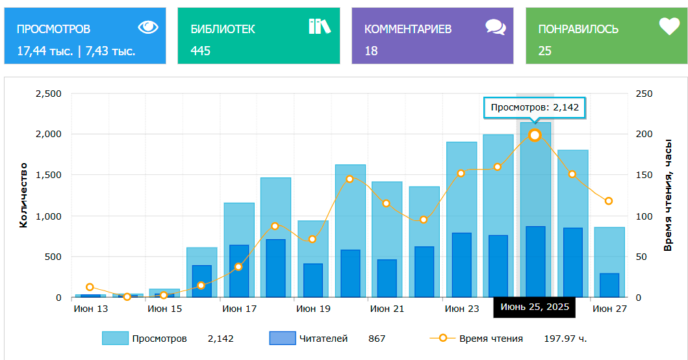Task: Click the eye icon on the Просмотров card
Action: coord(148,27)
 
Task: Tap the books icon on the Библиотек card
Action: coord(319,27)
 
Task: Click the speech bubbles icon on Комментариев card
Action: coord(495,27)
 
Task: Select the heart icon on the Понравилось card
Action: coord(669,26)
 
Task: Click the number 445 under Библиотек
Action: coord(200,51)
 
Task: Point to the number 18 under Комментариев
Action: coord(371,51)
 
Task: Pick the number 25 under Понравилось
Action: coord(544,51)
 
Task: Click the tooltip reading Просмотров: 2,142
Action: coord(535,107)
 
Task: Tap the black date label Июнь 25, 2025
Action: coord(535,307)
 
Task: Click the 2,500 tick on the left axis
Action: coord(47,94)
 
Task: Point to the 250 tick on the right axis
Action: coord(643,94)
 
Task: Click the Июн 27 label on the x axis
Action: coord(609,309)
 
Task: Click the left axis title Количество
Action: coord(23,196)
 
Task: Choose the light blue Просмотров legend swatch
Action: coord(115,338)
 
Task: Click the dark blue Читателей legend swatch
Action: coord(281,338)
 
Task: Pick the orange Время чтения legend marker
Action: coord(442,338)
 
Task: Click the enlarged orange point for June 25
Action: coord(535,135)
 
